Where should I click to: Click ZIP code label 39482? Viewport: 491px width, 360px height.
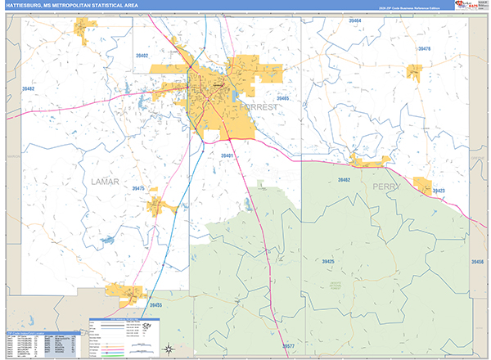(28, 88)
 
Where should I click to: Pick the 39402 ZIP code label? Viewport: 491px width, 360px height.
(142, 56)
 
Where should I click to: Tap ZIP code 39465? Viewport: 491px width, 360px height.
(283, 98)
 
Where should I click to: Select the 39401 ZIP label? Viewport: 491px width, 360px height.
(227, 155)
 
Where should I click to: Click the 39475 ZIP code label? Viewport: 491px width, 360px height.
(138, 189)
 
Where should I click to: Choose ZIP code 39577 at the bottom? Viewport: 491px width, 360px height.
(287, 346)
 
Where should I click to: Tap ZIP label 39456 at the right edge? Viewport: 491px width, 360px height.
(478, 261)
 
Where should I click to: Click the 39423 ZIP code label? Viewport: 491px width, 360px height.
(439, 191)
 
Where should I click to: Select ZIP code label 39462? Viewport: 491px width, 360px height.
(345, 179)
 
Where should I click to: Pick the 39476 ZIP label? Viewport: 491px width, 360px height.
(424, 49)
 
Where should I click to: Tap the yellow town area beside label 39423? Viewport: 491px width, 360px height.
(422, 186)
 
